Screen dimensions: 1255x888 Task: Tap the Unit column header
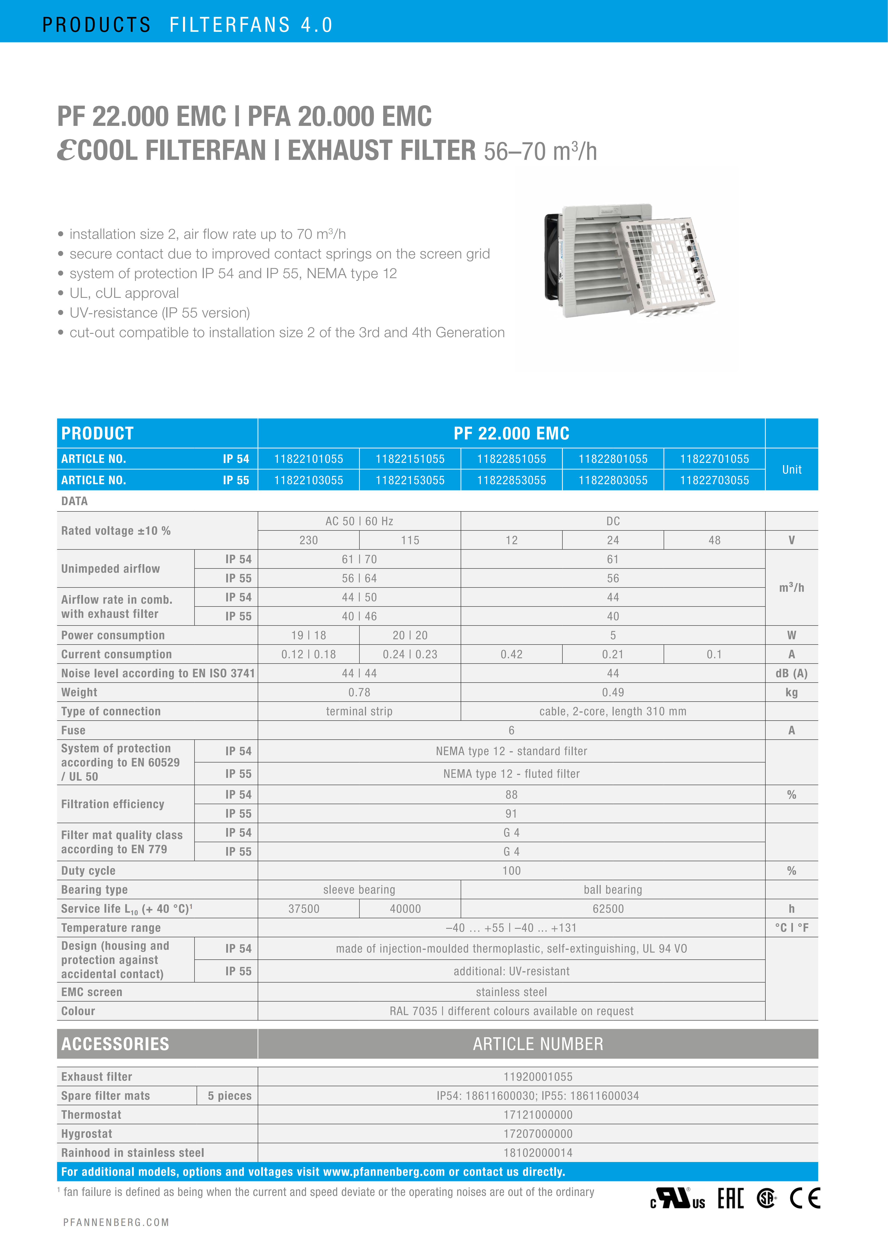click(x=791, y=470)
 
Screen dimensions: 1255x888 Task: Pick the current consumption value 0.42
click(x=511, y=654)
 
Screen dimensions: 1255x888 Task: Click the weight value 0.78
click(x=359, y=692)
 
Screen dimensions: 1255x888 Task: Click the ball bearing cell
click(x=612, y=890)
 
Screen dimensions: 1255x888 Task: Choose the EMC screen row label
click(x=92, y=992)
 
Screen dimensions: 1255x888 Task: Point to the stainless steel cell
click(x=511, y=992)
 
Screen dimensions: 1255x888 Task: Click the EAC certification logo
click(x=730, y=1199)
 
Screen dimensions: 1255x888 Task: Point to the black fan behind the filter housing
click(x=553, y=257)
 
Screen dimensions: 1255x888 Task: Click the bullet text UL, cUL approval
click(x=124, y=294)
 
